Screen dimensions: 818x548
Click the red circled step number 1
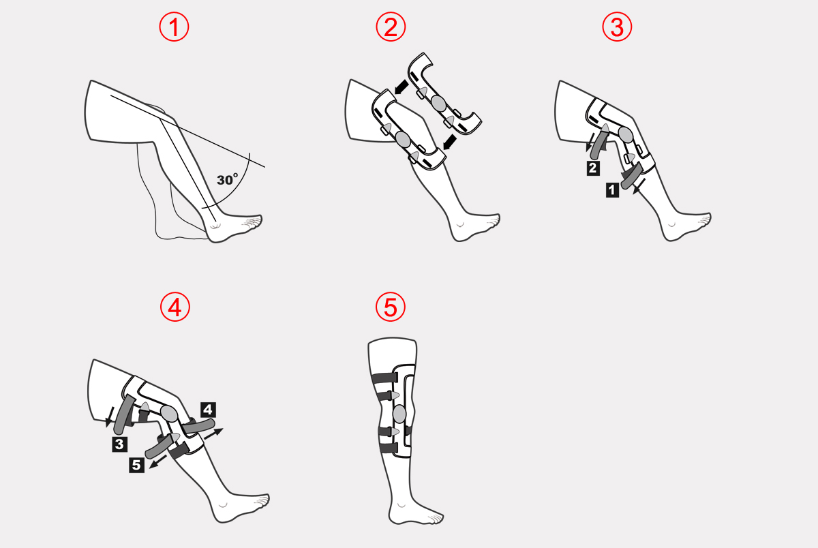[174, 27]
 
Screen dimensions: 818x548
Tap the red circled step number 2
[391, 27]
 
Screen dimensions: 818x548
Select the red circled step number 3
[617, 27]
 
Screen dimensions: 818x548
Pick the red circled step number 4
[175, 307]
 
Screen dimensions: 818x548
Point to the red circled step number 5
[391, 307]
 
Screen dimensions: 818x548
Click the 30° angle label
[227, 179]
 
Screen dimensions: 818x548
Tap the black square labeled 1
[612, 190]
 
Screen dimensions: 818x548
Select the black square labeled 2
[593, 168]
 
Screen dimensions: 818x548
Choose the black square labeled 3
[120, 444]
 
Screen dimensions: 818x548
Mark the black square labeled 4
[208, 410]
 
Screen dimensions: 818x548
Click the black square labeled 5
[136, 465]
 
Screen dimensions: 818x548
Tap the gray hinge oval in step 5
[399, 414]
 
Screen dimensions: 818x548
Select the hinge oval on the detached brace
[438, 103]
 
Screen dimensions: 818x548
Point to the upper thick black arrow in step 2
[402, 87]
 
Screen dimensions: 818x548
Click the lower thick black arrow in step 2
[449, 142]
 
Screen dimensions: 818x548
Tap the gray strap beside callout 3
[124, 414]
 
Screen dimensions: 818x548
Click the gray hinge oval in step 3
[626, 134]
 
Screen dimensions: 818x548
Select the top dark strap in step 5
[384, 378]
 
